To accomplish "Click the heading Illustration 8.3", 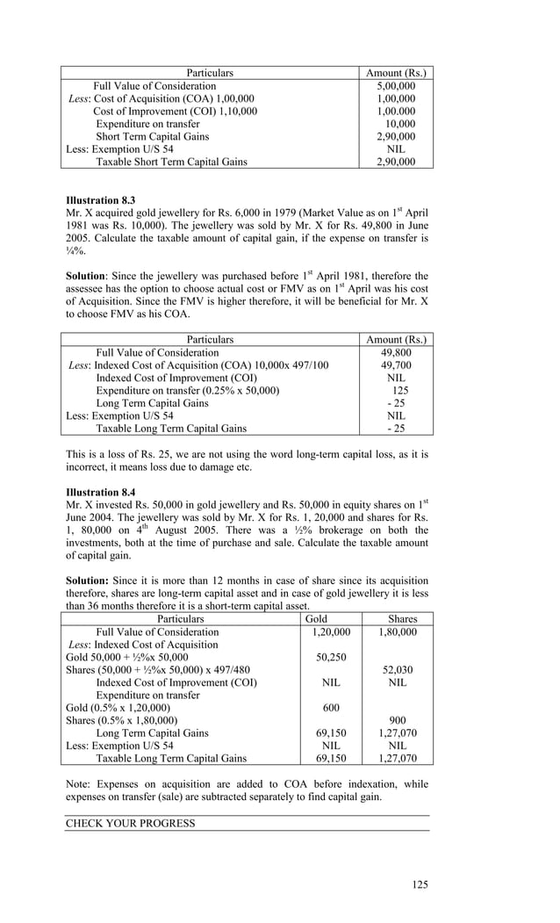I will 101,200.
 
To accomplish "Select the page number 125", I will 420,884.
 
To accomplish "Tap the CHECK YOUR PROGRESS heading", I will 131,824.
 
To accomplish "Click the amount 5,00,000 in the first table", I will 396,86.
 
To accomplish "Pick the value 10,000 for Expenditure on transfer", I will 400,124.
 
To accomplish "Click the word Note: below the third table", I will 82,784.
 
